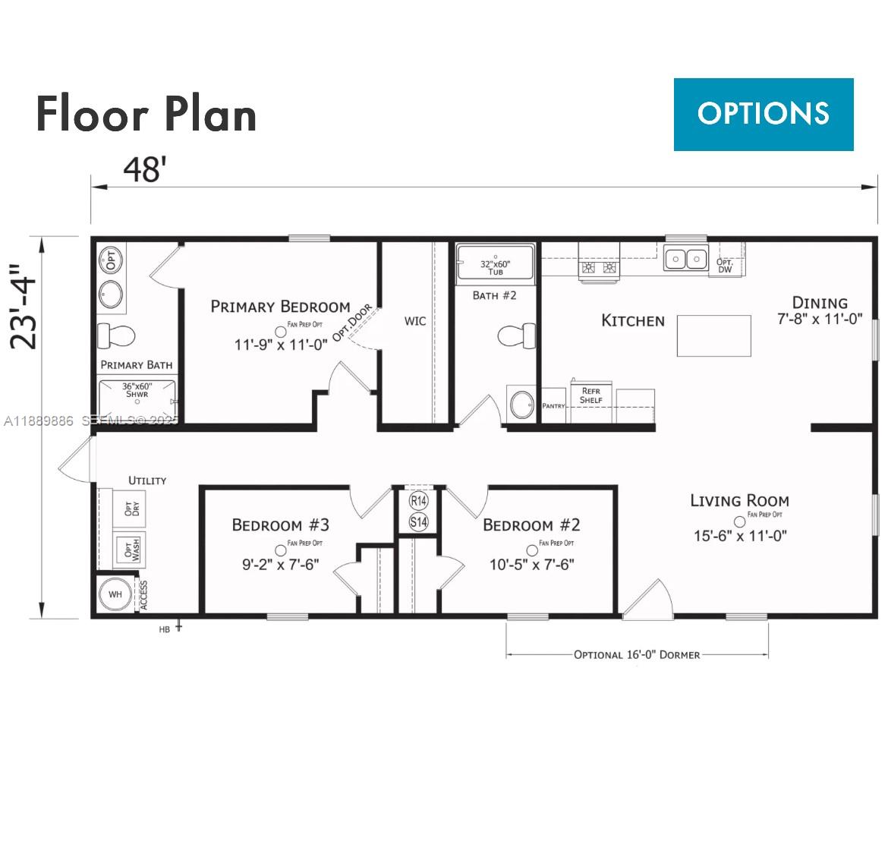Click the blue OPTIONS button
[763, 114]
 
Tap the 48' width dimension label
[144, 169]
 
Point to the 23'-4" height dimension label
[24, 305]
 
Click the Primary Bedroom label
[280, 307]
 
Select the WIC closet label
[414, 321]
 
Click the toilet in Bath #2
[518, 335]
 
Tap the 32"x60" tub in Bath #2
[495, 266]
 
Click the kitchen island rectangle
[713, 335]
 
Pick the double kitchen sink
[685, 259]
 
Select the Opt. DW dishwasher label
[724, 265]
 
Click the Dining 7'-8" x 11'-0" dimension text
[820, 320]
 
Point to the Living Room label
[739, 500]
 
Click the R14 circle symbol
[418, 501]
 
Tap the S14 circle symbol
[418, 522]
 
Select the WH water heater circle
[115, 594]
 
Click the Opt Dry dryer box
[130, 505]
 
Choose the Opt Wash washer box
[130, 549]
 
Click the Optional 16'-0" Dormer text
[637, 654]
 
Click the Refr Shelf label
[590, 395]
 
